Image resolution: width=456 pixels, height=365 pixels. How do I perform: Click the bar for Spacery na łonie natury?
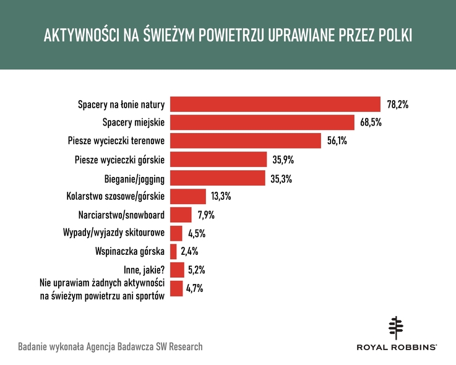coord(275,105)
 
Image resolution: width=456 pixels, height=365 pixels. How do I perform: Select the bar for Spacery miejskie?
coord(262,122)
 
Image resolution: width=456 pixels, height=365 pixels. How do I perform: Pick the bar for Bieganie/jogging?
coord(218,178)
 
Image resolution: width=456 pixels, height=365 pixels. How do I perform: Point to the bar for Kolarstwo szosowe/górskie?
coord(187,196)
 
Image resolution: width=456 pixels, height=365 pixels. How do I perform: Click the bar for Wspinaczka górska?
coord(173,251)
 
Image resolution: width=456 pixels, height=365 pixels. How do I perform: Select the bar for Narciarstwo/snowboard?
coord(181,215)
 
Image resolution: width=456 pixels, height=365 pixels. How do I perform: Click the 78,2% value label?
coord(397,105)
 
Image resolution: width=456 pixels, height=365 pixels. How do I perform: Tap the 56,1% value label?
coord(337,142)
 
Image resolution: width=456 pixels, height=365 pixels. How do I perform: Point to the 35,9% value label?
coord(283,160)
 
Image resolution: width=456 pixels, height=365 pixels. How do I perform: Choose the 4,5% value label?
coord(196,233)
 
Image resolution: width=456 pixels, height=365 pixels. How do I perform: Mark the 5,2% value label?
coord(196,270)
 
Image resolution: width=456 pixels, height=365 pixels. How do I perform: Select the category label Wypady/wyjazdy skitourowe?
coord(113,233)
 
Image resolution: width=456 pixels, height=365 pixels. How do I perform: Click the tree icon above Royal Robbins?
coord(397,328)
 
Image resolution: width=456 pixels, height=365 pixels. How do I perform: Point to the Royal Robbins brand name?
coord(397,348)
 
